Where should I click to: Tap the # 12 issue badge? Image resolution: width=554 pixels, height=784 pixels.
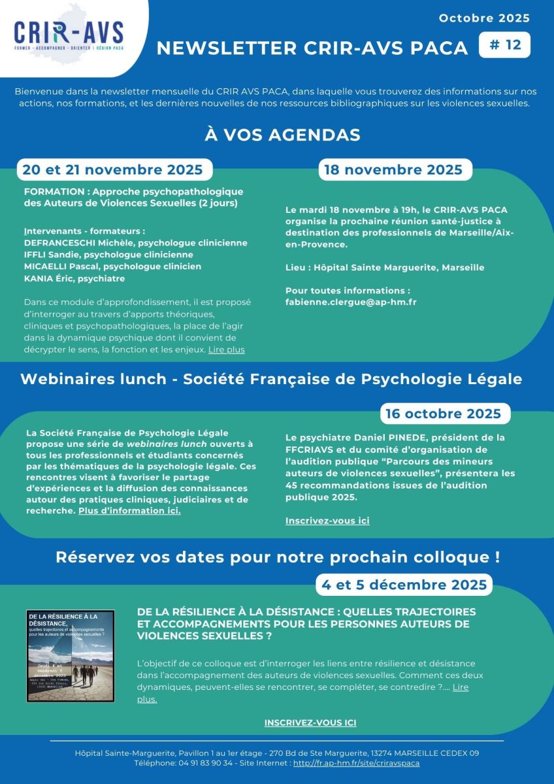click(504, 45)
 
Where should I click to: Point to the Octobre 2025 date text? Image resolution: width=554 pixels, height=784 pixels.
click(484, 18)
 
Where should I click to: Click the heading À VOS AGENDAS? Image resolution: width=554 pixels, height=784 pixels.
click(283, 135)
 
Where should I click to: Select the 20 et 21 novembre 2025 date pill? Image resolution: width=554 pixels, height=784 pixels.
click(113, 170)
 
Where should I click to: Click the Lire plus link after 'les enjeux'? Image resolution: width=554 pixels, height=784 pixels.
click(227, 350)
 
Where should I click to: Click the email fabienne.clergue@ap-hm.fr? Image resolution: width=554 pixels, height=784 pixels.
click(351, 302)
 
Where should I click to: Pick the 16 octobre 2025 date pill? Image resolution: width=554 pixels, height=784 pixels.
click(444, 414)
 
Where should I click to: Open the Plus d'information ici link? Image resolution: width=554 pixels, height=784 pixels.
click(129, 510)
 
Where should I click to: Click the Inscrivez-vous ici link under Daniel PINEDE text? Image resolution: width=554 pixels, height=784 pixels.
click(327, 521)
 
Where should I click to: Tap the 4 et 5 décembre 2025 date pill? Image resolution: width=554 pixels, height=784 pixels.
click(404, 584)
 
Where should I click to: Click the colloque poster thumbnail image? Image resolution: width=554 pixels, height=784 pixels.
click(71, 656)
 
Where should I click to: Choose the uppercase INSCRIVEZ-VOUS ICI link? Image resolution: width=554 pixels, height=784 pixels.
click(310, 723)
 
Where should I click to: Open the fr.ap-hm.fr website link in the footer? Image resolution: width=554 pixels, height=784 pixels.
click(356, 762)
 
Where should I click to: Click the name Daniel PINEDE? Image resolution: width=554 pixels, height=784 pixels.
click(372, 437)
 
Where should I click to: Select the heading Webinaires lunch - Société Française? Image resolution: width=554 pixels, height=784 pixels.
click(271, 380)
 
